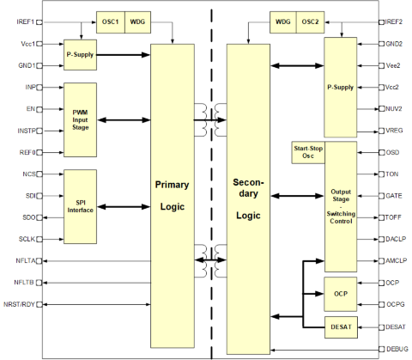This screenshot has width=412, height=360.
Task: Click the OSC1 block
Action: (x=111, y=22)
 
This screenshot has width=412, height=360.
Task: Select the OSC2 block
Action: (x=310, y=22)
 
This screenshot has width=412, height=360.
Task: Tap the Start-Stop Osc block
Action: (x=308, y=152)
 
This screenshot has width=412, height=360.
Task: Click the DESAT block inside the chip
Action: (x=341, y=327)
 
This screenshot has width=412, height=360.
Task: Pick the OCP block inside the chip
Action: (x=341, y=294)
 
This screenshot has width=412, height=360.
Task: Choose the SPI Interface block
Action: (x=80, y=206)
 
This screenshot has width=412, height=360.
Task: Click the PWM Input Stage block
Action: (x=80, y=119)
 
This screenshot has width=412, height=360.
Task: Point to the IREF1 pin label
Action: (x=26, y=22)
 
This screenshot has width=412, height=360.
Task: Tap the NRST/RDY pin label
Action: (x=19, y=304)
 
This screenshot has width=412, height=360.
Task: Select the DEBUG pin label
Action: (x=397, y=349)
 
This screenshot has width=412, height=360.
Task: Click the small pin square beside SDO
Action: (x=39, y=217)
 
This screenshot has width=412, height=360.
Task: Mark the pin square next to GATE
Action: (x=381, y=196)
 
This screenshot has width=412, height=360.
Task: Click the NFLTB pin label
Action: (x=24, y=283)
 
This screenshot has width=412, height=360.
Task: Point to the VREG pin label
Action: (x=394, y=131)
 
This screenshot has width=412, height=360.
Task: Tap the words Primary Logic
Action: (x=172, y=196)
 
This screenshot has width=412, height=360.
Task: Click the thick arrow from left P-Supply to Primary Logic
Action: (x=124, y=55)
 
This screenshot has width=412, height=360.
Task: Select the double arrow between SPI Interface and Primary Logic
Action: (x=124, y=207)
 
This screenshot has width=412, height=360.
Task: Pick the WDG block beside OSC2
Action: (x=283, y=22)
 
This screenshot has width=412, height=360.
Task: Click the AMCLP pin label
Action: (x=396, y=261)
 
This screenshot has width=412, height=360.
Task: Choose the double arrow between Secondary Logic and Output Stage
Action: (x=297, y=196)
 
